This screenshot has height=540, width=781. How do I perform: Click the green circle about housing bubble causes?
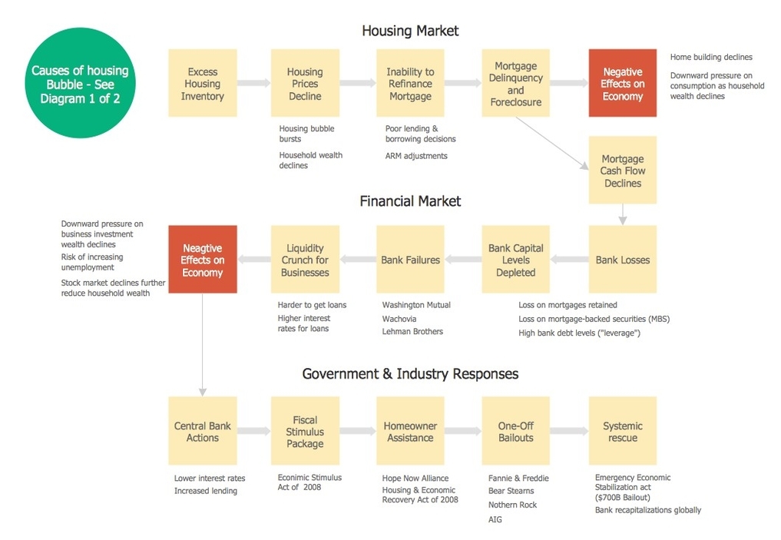80,83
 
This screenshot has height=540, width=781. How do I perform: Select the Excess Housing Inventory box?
203,83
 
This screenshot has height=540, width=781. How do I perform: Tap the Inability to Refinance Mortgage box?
410,83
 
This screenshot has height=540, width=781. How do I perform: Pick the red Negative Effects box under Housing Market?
623,83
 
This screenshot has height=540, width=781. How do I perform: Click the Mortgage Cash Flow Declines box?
623,170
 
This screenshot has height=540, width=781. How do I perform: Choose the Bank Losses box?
623,259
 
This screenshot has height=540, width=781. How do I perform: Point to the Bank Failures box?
410,259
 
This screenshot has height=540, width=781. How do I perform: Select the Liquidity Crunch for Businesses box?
306,259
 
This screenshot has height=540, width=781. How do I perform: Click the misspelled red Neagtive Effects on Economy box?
203,259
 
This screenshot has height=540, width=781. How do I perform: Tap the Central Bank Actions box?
203,431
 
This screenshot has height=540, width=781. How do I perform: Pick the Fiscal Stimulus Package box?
306,431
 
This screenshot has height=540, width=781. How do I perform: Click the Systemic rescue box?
623,431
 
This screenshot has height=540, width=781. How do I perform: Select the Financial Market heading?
410,201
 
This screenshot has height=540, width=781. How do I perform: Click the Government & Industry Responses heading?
410,373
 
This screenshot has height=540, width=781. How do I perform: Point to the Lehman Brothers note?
412,331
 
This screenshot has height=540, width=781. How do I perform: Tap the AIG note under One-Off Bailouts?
495,519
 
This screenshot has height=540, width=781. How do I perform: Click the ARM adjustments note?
416,156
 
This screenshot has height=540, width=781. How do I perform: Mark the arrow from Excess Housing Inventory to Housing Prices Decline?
254,83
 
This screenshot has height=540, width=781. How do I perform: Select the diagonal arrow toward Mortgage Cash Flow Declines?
552,144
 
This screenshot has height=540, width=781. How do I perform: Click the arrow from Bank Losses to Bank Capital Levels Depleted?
569,259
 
